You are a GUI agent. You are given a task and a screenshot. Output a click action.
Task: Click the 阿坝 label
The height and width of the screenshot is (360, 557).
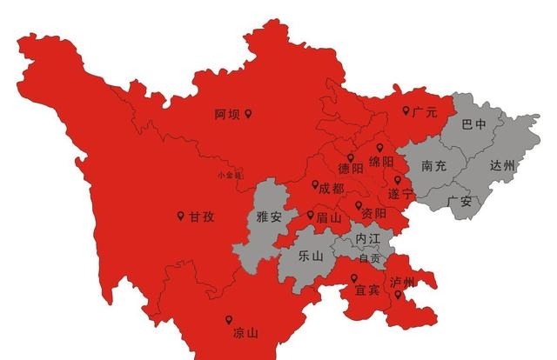[x=227, y=114]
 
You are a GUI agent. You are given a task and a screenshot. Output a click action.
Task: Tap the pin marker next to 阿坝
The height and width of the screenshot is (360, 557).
[x=248, y=114]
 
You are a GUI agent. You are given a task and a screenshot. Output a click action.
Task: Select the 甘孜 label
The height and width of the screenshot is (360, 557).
[x=201, y=217]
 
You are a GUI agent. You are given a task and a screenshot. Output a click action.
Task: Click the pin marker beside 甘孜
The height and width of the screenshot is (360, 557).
[x=180, y=216]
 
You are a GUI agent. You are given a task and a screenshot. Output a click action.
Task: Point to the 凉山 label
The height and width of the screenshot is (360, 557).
[x=246, y=333]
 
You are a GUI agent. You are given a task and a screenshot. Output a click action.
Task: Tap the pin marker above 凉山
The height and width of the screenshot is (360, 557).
[x=229, y=319]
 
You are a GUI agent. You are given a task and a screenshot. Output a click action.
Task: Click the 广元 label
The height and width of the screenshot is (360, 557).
[x=425, y=112]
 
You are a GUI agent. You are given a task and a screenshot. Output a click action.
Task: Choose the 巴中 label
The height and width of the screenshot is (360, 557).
[x=474, y=125]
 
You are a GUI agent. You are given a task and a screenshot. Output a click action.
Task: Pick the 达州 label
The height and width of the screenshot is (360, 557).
[x=502, y=165]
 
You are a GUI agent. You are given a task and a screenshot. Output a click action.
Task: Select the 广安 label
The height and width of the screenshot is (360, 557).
[x=459, y=202]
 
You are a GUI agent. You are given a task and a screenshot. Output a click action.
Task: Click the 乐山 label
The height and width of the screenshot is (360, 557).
[x=311, y=256]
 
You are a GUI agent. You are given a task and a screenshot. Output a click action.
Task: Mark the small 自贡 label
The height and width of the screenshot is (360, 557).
[x=370, y=258]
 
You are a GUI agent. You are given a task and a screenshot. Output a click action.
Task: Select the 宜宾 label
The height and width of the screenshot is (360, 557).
[x=366, y=290]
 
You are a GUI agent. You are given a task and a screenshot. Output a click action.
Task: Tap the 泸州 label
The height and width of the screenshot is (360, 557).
[x=402, y=283]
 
